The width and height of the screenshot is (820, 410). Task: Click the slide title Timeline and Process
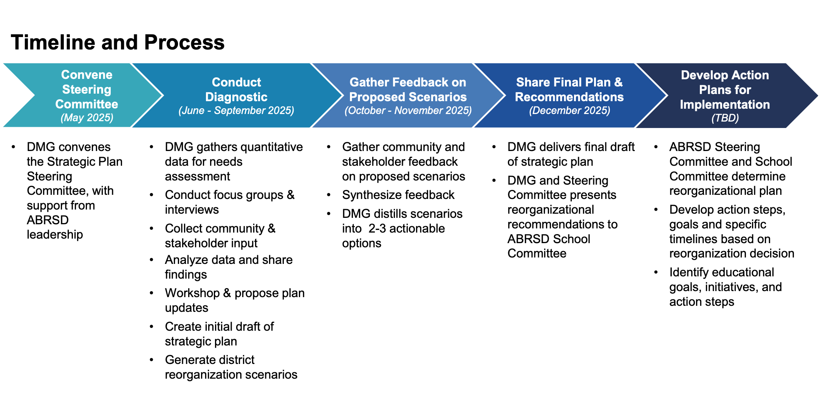pos(118,42)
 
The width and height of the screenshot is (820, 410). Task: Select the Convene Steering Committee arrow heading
pos(87,89)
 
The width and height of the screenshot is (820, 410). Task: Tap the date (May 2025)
pos(87,118)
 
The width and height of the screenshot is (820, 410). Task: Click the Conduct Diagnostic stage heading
pos(236,89)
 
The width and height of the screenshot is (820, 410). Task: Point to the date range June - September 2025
pos(236,111)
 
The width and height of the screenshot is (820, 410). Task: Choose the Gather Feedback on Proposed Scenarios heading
pos(408,89)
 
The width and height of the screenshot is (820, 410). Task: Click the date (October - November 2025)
pos(408,111)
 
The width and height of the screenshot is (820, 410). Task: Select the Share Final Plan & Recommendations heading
pos(569,89)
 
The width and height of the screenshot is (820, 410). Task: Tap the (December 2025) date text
pos(569,111)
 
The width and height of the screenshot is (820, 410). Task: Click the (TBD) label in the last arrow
pos(725,118)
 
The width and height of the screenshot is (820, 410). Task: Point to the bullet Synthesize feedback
pos(398,195)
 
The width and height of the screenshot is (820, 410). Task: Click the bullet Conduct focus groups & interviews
pos(229,202)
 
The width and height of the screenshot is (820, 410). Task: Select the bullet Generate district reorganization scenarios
pos(231,367)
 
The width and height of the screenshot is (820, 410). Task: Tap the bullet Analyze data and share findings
pos(229,267)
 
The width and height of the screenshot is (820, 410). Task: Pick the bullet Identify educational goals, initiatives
pos(725,287)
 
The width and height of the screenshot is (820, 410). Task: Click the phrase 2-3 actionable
pos(406,228)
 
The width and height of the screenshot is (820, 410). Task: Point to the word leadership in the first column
pos(55,234)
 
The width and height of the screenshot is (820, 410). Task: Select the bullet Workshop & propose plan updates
pos(234,300)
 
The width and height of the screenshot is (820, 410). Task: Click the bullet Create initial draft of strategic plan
pos(219,334)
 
